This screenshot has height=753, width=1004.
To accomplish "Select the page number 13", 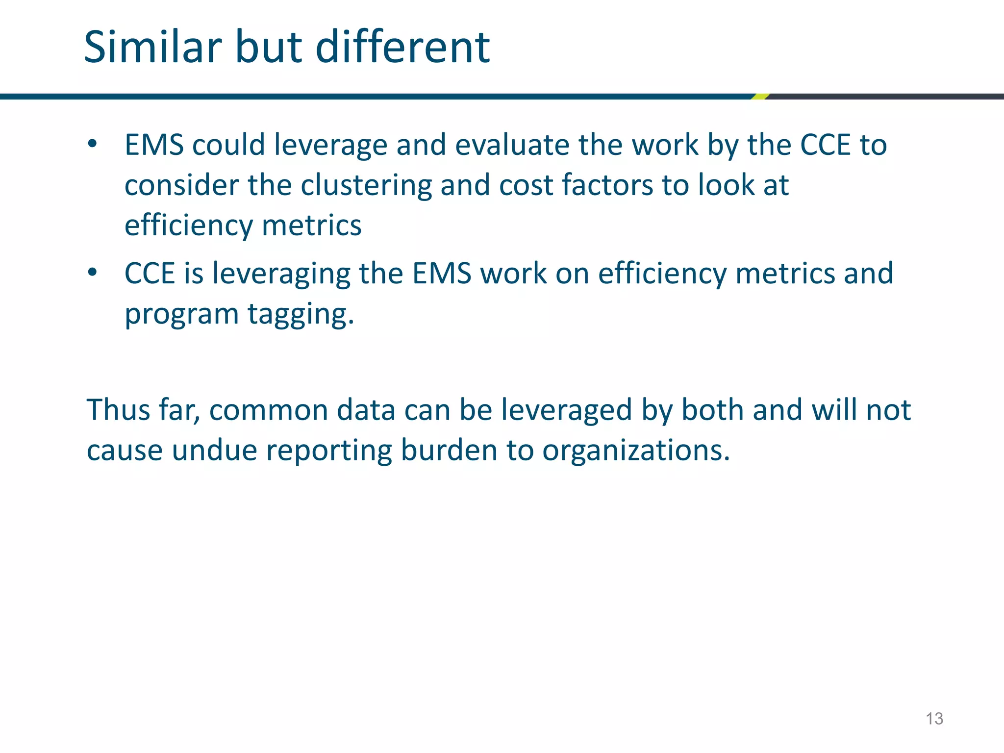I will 934,719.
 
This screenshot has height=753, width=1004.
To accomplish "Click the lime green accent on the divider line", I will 760,97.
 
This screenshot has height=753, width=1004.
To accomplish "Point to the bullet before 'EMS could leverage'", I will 92,144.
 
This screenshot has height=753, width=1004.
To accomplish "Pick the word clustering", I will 366,185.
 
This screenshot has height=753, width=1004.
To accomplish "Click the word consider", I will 181,185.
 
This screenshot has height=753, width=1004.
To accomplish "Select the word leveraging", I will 281,275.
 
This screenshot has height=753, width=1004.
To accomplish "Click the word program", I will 181,315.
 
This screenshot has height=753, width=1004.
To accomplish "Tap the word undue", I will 214,450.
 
